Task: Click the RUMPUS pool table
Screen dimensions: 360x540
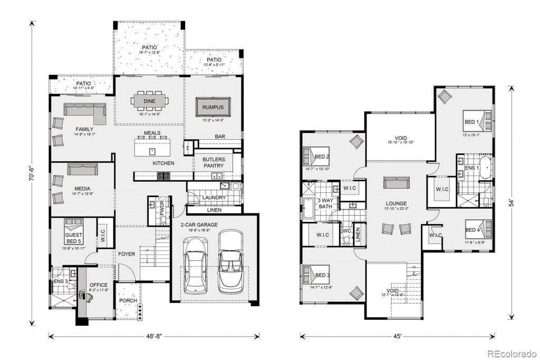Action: pos(213,107)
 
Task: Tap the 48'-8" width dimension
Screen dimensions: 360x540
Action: pos(153,335)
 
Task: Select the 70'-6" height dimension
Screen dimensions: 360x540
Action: pos(33,172)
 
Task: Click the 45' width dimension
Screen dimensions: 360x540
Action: pos(397,335)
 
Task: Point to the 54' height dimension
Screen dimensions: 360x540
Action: pos(511,202)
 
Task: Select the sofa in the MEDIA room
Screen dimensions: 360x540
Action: pos(82,169)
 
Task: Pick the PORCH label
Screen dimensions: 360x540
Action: pos(128,301)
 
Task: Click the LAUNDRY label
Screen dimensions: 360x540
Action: pos(214,198)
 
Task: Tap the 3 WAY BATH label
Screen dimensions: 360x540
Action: pos(325,203)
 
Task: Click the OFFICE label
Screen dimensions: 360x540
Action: pos(98,285)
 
